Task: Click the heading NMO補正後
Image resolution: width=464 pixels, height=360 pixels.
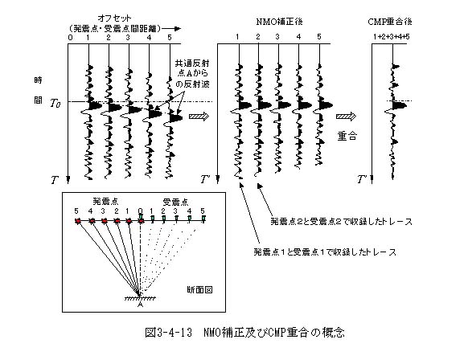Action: [x=279, y=22]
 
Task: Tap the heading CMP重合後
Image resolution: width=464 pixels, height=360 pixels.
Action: [x=390, y=22]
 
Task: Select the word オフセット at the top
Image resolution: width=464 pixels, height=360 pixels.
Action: [x=114, y=18]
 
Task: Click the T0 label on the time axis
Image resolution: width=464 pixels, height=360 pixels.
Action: [x=55, y=104]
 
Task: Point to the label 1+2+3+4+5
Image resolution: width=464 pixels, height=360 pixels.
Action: [x=391, y=37]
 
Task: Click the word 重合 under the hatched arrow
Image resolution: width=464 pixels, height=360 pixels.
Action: [x=347, y=136]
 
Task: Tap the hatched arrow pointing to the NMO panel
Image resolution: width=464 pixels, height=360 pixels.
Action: [x=199, y=117]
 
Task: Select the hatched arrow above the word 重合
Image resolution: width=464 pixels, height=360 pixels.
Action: [x=346, y=117]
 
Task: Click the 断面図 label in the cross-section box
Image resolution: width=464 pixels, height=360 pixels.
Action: [x=199, y=289]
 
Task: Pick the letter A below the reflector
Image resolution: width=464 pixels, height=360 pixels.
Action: [x=140, y=305]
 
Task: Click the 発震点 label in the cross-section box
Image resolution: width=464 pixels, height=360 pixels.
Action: [x=105, y=202]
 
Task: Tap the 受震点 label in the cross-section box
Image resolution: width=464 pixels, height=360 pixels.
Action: [x=175, y=202]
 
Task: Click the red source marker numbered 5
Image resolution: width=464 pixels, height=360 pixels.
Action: [x=78, y=221]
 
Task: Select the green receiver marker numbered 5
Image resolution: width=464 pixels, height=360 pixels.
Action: [x=203, y=219]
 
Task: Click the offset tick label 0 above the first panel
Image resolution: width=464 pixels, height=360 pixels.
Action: [x=70, y=38]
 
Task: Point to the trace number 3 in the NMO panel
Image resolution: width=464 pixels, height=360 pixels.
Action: [x=277, y=37]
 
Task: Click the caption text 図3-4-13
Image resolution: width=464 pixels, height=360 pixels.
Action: [x=169, y=332]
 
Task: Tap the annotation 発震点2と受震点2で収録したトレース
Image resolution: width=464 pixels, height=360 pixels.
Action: [x=341, y=221]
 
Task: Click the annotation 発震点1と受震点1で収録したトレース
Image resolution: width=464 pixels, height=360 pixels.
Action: [x=325, y=252]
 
